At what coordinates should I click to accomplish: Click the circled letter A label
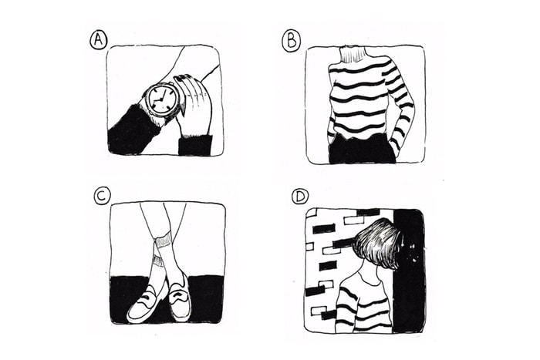click(x=99, y=40)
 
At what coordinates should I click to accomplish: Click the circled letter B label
click(x=292, y=41)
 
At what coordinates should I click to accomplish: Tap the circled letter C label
click(x=102, y=197)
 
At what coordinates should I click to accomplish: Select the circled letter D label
click(x=300, y=197)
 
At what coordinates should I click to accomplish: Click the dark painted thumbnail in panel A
click(x=179, y=79)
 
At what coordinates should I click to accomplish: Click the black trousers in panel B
click(x=363, y=149)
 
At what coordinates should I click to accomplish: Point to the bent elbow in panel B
click(x=410, y=103)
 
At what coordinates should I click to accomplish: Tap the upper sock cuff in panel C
click(x=163, y=241)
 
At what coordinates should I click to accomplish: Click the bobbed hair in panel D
click(x=376, y=241)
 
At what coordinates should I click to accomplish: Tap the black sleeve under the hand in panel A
click(x=195, y=146)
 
